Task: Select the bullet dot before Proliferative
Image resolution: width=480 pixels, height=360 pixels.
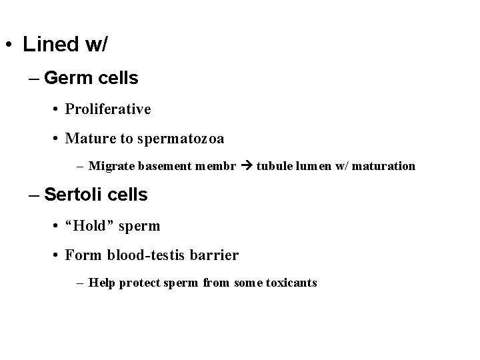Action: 57,109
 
